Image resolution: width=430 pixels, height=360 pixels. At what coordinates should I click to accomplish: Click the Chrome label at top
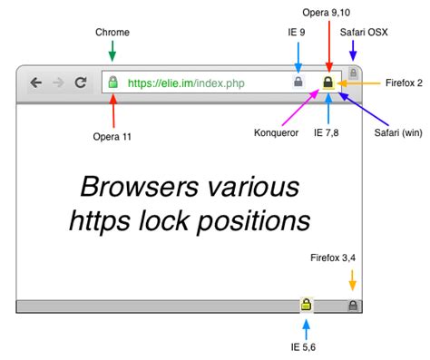[112, 33]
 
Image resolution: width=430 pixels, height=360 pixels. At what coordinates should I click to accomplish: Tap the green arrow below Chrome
[112, 51]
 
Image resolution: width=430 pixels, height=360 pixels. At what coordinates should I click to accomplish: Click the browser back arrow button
[36, 83]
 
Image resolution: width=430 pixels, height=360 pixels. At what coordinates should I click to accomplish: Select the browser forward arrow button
[58, 83]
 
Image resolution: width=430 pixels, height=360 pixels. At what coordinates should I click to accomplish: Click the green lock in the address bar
[113, 83]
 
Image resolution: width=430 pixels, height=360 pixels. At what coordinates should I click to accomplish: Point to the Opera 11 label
[112, 136]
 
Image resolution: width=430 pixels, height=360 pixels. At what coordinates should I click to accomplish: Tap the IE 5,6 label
[307, 345]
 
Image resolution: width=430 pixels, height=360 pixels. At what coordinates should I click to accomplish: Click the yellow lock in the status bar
[307, 306]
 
